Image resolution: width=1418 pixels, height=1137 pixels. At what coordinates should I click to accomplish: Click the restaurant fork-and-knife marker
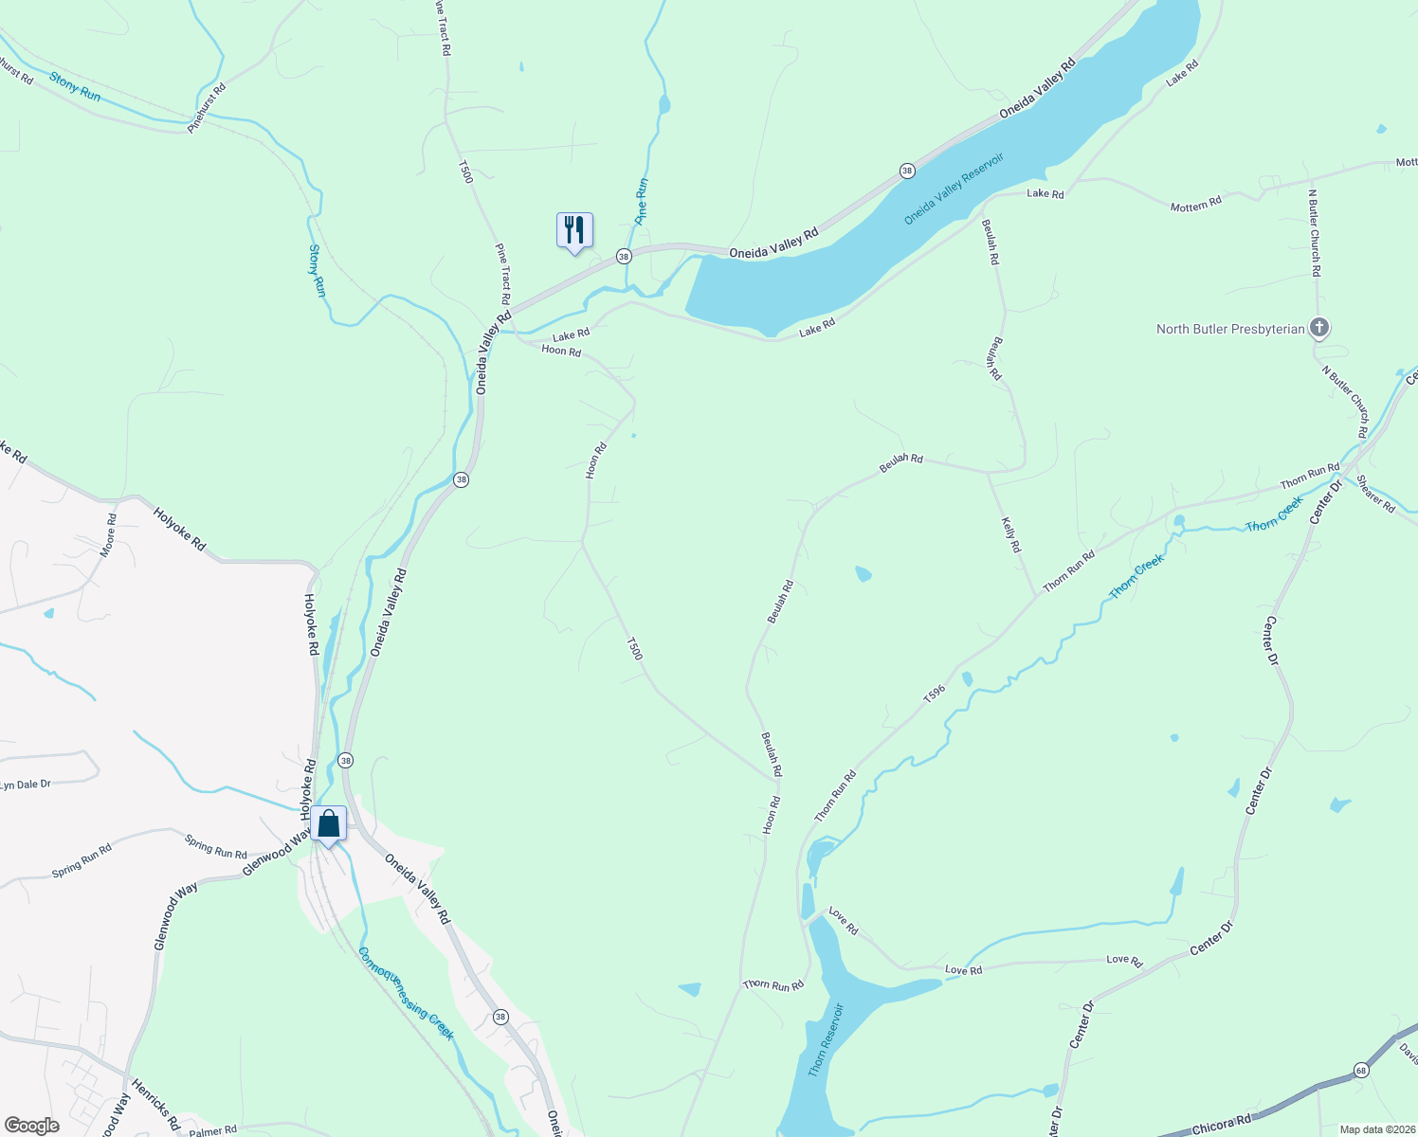click(574, 230)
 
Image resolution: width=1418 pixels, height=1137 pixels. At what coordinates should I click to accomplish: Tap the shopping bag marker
click(329, 824)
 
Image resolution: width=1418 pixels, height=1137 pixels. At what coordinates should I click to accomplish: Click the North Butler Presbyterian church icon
click(1318, 329)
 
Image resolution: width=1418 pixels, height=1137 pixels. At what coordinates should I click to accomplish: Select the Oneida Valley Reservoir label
click(954, 189)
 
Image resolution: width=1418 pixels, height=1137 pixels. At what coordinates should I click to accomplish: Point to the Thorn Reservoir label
click(825, 1039)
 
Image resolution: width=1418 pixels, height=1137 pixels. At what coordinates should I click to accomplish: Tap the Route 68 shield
click(1362, 1070)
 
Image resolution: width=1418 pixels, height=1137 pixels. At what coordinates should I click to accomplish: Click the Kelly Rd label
click(1011, 534)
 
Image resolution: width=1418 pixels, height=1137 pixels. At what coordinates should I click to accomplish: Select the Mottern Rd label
click(1196, 204)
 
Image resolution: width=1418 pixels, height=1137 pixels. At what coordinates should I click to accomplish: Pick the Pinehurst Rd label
click(208, 108)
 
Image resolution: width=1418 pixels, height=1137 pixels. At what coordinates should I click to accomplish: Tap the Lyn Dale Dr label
click(26, 785)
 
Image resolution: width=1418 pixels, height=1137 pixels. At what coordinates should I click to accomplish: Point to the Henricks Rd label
click(155, 1104)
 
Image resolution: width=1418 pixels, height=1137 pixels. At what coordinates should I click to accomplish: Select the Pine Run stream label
click(642, 200)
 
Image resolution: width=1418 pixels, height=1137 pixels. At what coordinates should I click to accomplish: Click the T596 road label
click(935, 695)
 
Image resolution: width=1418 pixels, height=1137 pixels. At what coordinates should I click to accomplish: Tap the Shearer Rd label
click(1375, 494)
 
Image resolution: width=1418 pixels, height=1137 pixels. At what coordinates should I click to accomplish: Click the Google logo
click(31, 1126)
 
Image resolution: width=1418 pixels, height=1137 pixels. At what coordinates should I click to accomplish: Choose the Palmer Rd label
click(213, 1130)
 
